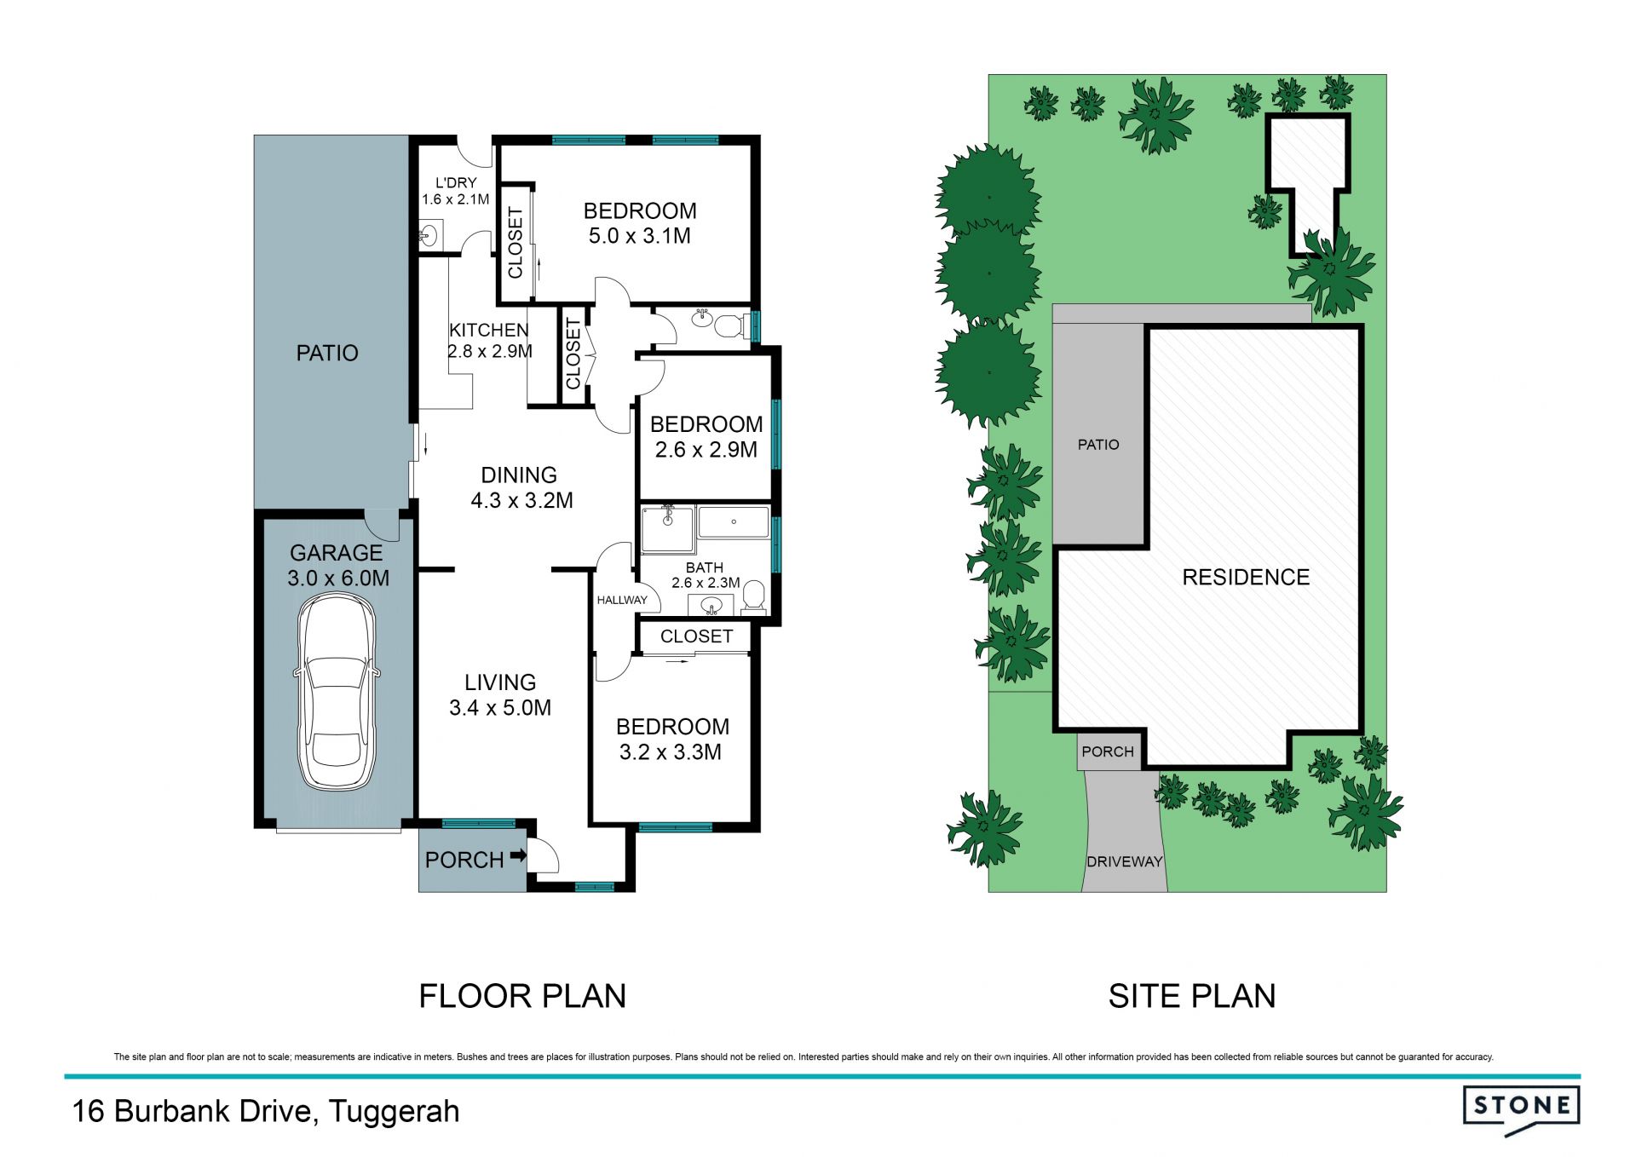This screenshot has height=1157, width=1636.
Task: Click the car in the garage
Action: click(x=337, y=693)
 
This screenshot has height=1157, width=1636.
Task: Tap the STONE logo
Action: click(x=1522, y=1110)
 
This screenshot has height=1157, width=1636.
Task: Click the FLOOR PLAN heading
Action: click(x=522, y=996)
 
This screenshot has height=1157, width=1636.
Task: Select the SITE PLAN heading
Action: click(x=1192, y=996)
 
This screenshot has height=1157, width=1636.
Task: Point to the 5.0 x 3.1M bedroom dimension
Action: click(x=640, y=236)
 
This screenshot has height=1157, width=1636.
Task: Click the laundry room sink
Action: click(x=429, y=234)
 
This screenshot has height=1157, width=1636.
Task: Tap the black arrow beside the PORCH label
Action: click(x=518, y=856)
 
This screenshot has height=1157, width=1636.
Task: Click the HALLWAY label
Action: click(x=622, y=600)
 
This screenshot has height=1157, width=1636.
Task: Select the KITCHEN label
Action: click(x=489, y=330)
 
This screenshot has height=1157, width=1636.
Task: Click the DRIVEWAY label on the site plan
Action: click(x=1125, y=861)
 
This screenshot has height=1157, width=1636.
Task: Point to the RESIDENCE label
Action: click(x=1246, y=578)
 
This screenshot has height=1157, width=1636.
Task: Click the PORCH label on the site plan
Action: click(x=1108, y=751)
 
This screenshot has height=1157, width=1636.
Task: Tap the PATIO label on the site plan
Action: click(x=1098, y=445)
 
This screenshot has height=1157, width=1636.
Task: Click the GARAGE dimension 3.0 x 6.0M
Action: click(x=338, y=578)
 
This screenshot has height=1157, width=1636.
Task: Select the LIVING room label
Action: click(x=500, y=682)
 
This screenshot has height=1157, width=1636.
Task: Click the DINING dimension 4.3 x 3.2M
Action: click(x=522, y=501)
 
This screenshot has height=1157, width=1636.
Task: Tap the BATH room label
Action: click(x=705, y=567)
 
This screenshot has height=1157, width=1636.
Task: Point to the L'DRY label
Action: click(x=456, y=182)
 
